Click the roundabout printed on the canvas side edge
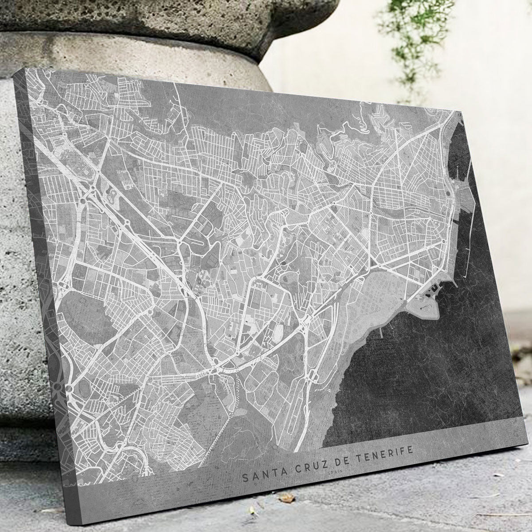58,388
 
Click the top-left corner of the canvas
27,69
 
